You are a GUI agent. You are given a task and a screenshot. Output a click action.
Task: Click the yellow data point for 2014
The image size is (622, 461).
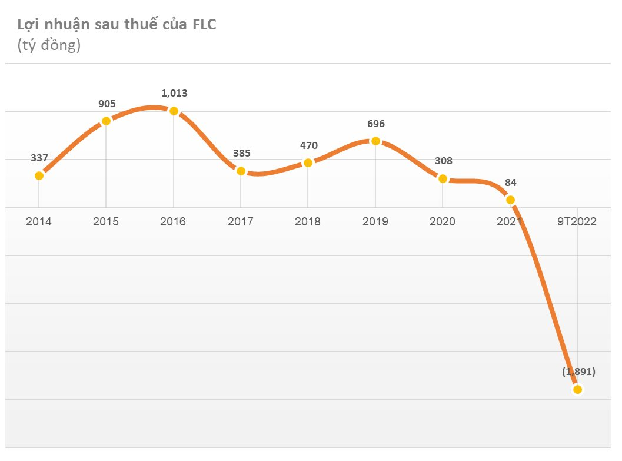(x=39, y=175)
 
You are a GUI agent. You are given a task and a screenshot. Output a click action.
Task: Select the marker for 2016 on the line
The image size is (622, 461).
(x=174, y=111)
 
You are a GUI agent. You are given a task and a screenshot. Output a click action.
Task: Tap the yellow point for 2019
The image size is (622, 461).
(x=375, y=141)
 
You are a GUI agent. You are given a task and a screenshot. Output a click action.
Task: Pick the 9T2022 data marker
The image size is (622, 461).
(x=578, y=389)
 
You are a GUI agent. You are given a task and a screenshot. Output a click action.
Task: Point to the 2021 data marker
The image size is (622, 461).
(x=510, y=200)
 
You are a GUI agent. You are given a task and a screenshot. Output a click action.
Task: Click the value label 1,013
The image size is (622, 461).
(x=174, y=93)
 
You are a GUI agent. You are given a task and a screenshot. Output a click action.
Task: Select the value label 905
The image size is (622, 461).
(x=107, y=104)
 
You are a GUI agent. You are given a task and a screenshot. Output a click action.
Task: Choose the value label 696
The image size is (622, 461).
(x=375, y=124)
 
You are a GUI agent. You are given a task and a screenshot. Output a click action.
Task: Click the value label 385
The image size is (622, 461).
(x=241, y=153)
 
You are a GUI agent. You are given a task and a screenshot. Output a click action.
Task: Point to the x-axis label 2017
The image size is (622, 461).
(x=240, y=222)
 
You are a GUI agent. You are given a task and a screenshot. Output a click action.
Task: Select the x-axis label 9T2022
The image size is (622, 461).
(x=577, y=222)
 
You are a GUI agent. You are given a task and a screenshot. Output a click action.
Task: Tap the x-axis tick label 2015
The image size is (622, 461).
(x=106, y=222)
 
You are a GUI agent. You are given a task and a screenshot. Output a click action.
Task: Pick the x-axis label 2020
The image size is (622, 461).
(x=443, y=222)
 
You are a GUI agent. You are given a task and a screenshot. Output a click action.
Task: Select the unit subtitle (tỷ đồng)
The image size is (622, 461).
(x=49, y=45)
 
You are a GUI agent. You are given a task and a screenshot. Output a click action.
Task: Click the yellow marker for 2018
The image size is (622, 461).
(x=308, y=162)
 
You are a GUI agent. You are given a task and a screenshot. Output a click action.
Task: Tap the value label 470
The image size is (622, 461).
(x=308, y=145)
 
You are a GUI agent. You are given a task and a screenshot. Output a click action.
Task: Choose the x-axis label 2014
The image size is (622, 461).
(x=39, y=222)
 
